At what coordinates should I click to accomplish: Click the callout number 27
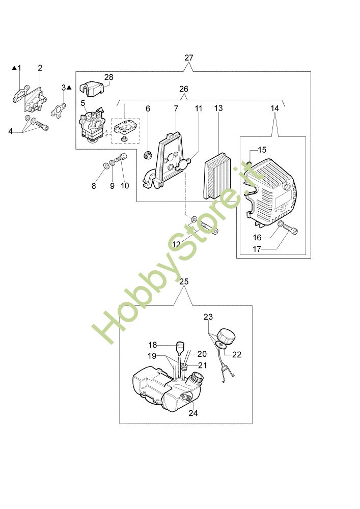pyautogui.click(x=188, y=58)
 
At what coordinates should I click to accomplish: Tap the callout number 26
pyautogui.click(x=183, y=89)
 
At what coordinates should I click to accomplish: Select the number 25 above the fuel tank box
pyautogui.click(x=184, y=281)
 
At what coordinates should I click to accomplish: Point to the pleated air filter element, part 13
pyautogui.click(x=217, y=176)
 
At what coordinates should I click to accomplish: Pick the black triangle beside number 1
pyautogui.click(x=14, y=68)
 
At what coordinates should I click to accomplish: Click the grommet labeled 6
pyautogui.click(x=148, y=154)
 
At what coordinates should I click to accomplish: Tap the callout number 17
pyautogui.click(x=257, y=249)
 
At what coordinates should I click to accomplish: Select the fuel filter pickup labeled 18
pyautogui.click(x=180, y=348)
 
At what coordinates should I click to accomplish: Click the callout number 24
pyautogui.click(x=193, y=413)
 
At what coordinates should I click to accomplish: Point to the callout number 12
pyautogui.click(x=176, y=244)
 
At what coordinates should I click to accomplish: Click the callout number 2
pyautogui.click(x=40, y=68)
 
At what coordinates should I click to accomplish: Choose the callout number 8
pyautogui.click(x=94, y=186)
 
